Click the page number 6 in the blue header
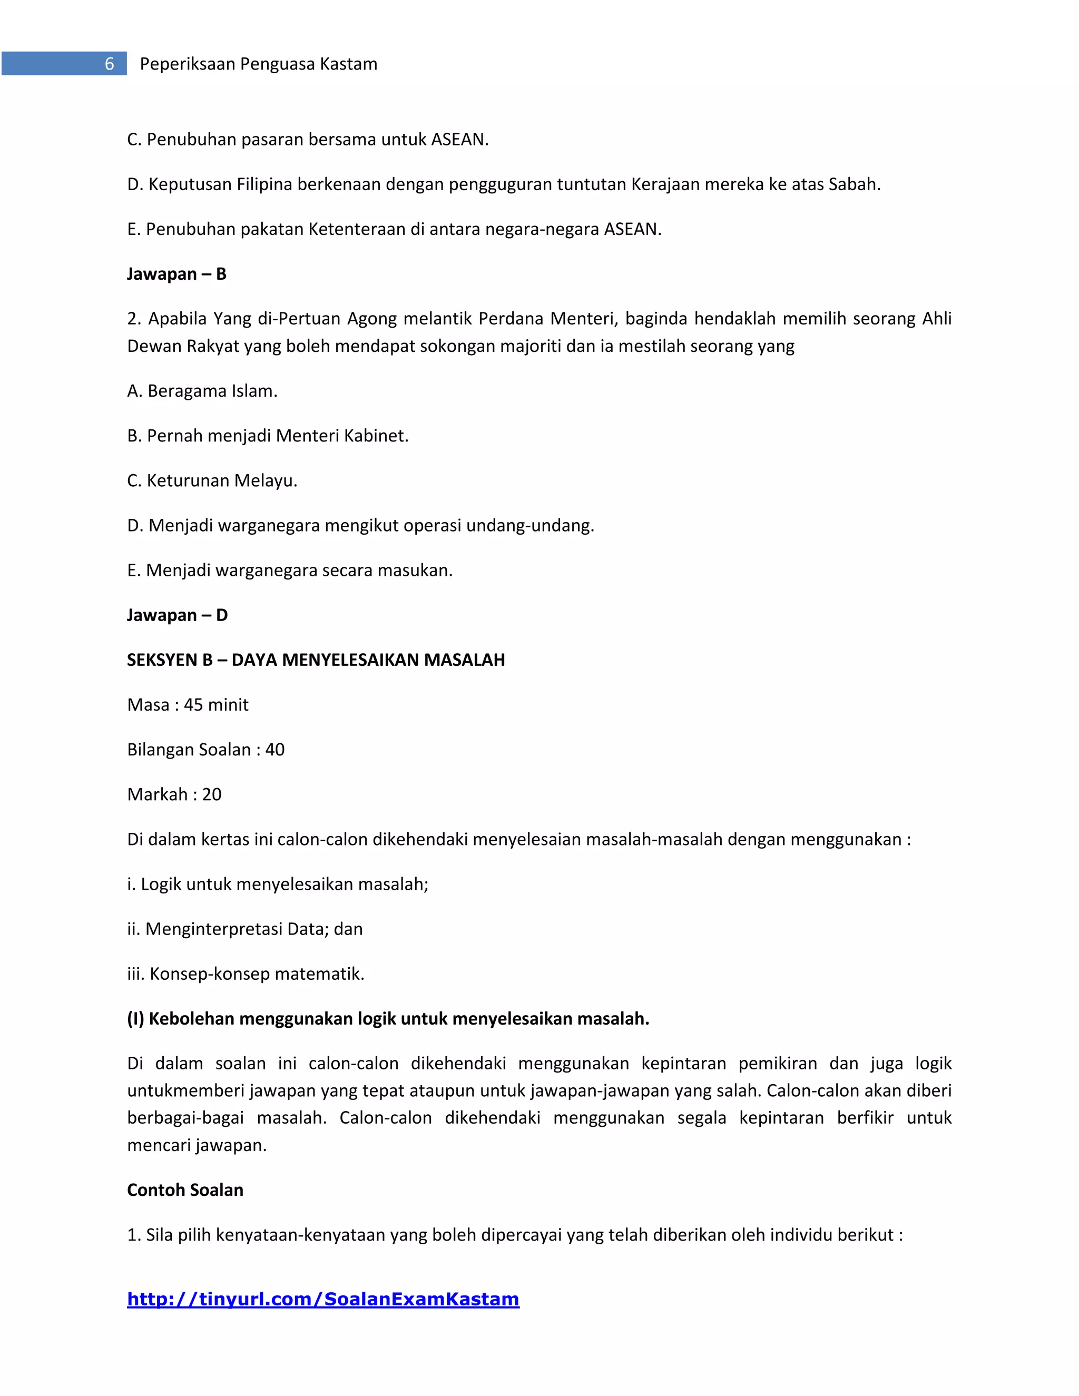[x=109, y=64]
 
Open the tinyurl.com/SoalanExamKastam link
[x=323, y=1299]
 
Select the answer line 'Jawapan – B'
[x=176, y=274]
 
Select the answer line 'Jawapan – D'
[x=177, y=615]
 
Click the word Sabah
[x=854, y=185]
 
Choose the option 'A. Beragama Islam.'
[x=202, y=391]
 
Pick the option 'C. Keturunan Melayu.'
[x=212, y=480]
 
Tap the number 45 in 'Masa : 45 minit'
[x=194, y=705]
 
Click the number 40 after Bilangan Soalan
[x=275, y=750]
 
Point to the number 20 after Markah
[x=212, y=794]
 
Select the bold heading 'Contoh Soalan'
[x=185, y=1190]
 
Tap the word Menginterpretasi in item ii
[x=214, y=929]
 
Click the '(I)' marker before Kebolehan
[x=135, y=1019]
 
